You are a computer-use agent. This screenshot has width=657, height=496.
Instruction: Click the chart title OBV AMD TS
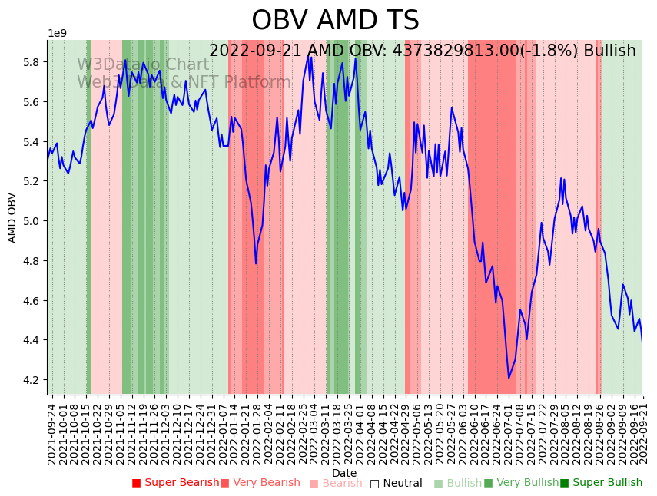335,21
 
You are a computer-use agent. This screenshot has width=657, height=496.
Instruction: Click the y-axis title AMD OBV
12,217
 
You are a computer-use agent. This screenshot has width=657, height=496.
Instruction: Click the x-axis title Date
344,473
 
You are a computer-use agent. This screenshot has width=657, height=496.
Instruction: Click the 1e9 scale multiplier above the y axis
58,34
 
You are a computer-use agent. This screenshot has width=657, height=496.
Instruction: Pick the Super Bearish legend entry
174,483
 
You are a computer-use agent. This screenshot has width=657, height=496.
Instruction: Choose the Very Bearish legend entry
260,483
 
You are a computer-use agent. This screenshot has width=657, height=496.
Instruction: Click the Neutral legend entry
397,483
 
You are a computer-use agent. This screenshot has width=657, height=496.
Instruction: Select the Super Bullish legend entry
601,483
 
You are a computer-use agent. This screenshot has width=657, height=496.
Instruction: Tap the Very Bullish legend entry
522,483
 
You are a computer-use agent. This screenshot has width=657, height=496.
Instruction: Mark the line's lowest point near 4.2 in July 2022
509,378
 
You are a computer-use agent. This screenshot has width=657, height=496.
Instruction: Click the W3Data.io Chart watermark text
143,64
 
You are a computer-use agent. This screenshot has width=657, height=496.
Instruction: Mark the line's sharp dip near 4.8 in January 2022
256,263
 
